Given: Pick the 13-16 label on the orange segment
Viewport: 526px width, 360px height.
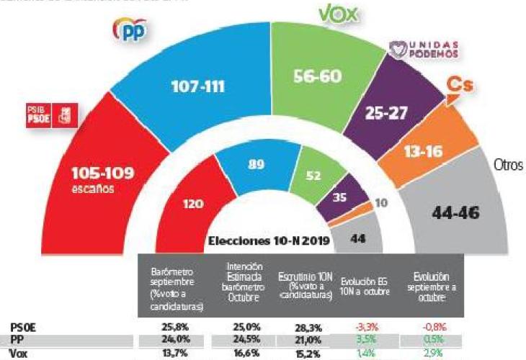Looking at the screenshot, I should point(441,151).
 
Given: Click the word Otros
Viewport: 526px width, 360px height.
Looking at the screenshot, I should point(509,163).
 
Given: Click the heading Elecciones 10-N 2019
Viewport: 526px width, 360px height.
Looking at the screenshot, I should point(269,241).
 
